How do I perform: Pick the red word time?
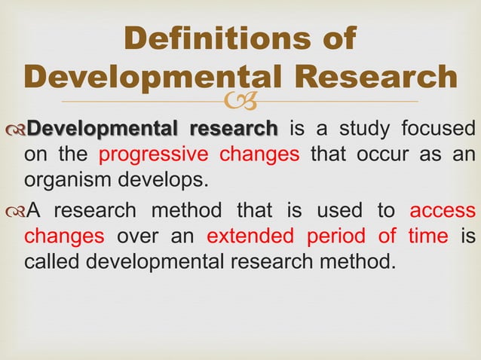coord(428,236)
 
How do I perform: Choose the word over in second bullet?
coord(140,236)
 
